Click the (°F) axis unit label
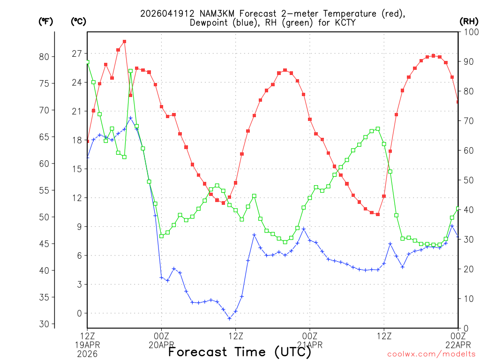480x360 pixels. coord(45,21)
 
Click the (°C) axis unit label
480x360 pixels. coord(78,21)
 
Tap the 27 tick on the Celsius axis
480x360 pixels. coord(76,53)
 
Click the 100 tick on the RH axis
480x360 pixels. coord(469,32)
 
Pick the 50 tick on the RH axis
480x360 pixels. coord(467,180)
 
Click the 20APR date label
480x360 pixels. coord(162,345)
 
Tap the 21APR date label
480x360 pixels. coord(310,345)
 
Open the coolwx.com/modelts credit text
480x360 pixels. coord(432,354)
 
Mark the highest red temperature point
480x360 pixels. coord(124,42)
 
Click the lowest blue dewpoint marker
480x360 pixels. coord(230,318)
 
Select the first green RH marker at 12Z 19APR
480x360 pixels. coord(87,62)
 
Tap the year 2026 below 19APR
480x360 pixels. coord(88,354)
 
